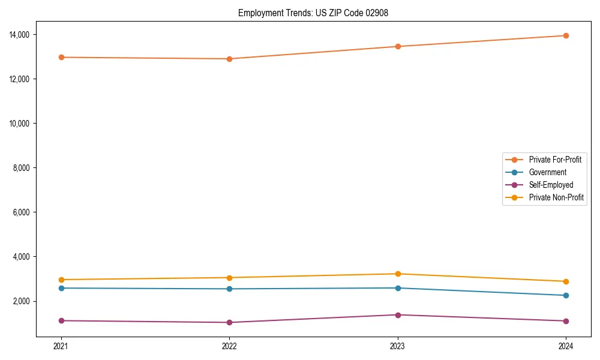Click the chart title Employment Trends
[x=313, y=13]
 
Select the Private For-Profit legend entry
[x=555, y=160]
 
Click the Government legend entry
[x=547, y=172]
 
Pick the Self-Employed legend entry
[x=551, y=185]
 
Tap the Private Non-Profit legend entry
[x=556, y=197]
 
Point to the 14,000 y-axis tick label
[x=21, y=35]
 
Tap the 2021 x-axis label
[x=61, y=346]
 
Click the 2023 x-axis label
[x=397, y=346]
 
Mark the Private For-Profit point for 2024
[x=566, y=35]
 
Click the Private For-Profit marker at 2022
[x=229, y=59]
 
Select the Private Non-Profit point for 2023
[x=397, y=274]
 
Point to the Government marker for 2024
[x=566, y=295]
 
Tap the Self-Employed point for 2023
[x=397, y=314]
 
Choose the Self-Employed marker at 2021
[x=61, y=320]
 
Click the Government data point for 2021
[x=61, y=288]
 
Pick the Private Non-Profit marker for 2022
[x=229, y=277]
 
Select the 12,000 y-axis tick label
[x=21, y=79]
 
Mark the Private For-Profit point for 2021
[x=61, y=57]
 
